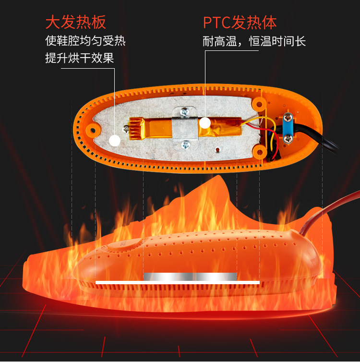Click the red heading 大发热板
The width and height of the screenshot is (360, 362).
[x=75, y=22]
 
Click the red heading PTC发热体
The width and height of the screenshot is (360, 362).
[x=240, y=22]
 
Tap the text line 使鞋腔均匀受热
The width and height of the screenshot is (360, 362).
[x=85, y=41]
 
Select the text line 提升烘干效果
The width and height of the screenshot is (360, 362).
[x=79, y=58]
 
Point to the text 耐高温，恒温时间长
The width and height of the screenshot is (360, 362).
[x=254, y=41]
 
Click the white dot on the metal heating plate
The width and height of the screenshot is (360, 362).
[x=114, y=140]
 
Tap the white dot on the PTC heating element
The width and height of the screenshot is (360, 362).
[x=205, y=123]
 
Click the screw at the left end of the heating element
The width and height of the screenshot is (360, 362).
[x=126, y=128]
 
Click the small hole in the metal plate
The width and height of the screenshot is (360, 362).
[x=218, y=148]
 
